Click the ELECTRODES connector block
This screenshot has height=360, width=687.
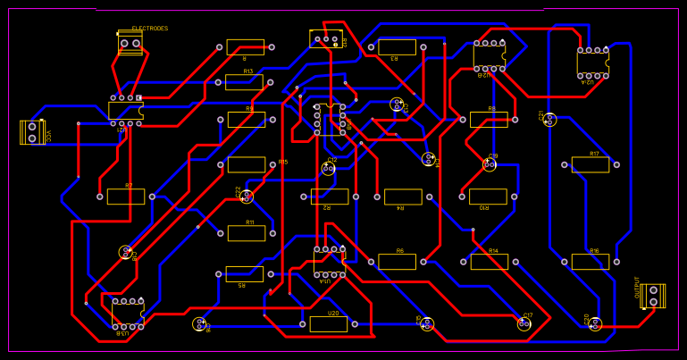(x=130, y=43)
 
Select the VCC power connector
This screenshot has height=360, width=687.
(x=32, y=132)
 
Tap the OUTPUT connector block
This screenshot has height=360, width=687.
(x=653, y=296)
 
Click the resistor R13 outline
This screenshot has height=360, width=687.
(x=244, y=82)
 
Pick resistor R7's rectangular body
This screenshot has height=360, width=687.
(x=126, y=197)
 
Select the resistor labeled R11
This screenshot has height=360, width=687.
(x=246, y=233)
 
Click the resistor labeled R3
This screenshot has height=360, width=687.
(x=397, y=47)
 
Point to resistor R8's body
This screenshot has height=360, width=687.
(x=489, y=120)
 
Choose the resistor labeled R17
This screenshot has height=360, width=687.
(x=591, y=164)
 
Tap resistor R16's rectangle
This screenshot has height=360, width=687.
(x=591, y=262)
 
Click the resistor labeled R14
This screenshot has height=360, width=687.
(x=489, y=262)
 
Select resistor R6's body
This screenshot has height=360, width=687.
(x=397, y=262)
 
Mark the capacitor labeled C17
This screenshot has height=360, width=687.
(x=524, y=324)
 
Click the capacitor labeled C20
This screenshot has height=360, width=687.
(x=596, y=324)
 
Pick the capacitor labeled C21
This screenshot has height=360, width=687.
(x=550, y=120)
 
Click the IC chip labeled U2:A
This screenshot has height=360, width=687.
(x=592, y=63)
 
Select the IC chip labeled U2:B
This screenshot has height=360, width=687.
(x=489, y=55)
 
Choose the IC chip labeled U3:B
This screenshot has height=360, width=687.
(x=128, y=314)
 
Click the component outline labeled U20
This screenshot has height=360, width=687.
(x=329, y=324)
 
